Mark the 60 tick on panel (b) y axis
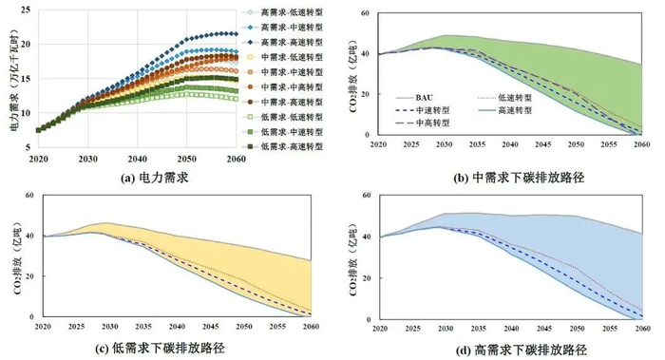(369, 16)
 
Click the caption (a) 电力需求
(139, 179)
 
